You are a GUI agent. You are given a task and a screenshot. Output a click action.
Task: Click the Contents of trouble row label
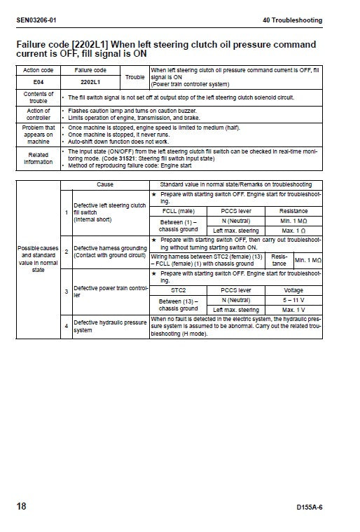coord(38,97)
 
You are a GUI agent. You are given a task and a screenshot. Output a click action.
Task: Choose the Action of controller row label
coord(38,114)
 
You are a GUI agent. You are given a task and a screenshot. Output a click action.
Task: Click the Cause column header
coord(104,184)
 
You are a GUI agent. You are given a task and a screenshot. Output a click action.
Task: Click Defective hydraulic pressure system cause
coord(110,326)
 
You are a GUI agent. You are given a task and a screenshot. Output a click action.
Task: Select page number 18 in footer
coord(22,506)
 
